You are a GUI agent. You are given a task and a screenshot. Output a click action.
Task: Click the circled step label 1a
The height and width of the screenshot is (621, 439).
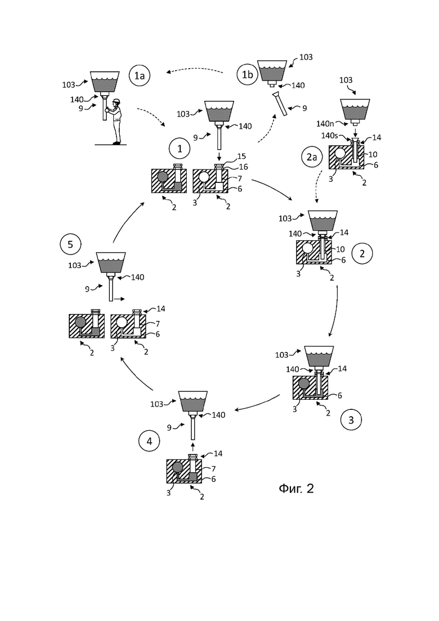140,75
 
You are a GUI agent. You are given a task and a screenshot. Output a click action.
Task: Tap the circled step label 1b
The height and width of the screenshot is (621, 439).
248,74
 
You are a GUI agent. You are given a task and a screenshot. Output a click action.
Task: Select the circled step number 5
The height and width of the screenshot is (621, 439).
70,244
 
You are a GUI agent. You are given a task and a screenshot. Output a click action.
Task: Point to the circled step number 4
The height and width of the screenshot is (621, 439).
149,441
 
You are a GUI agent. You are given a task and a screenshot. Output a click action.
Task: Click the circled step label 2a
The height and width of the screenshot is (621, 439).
312,157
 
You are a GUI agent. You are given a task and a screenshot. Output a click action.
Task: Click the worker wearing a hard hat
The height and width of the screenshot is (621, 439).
115,122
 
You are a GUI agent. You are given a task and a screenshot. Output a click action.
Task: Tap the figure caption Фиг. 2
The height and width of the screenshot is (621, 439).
296,488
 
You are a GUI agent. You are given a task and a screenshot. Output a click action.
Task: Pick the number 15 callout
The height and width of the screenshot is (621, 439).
241,157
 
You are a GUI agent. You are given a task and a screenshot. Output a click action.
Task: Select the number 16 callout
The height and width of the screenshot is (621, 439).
244,167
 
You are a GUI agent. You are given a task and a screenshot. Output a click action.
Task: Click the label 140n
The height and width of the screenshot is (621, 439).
325,123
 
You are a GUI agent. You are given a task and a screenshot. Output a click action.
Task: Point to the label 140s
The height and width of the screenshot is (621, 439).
329,136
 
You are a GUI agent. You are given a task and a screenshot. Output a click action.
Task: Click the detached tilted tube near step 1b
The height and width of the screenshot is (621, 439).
282,104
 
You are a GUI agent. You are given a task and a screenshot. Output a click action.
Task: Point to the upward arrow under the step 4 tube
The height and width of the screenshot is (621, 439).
193,447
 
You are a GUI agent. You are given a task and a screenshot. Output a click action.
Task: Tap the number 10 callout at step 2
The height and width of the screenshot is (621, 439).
340,249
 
